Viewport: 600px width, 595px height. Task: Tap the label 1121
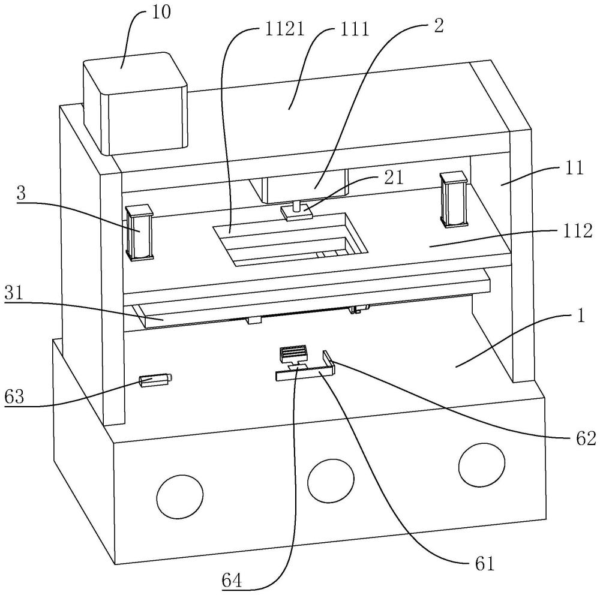[x=284, y=29]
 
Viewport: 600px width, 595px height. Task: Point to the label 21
[x=394, y=178]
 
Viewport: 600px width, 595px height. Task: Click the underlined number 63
[x=14, y=397]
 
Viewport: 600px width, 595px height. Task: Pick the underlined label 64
[x=232, y=581]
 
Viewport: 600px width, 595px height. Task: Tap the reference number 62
[x=586, y=438]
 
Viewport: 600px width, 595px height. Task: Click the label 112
[x=577, y=231]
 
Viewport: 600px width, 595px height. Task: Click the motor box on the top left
[x=135, y=104]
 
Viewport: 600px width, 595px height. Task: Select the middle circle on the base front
[x=331, y=479]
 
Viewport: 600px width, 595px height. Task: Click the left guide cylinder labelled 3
[x=140, y=233]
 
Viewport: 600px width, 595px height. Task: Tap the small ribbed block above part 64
[x=294, y=354]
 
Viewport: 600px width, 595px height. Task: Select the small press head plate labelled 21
[x=296, y=212]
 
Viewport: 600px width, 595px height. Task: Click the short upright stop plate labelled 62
[x=329, y=362]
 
